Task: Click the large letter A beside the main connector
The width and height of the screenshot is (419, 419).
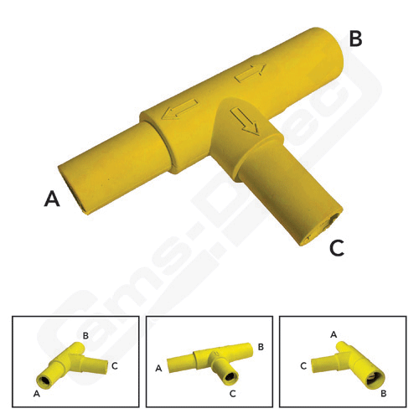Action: [52, 199]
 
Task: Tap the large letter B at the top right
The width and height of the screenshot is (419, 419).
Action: [355, 39]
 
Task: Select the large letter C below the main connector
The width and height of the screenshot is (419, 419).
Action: [335, 248]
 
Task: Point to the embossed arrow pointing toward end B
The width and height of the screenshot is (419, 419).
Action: [250, 73]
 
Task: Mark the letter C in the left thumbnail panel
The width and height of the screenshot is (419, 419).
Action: [115, 366]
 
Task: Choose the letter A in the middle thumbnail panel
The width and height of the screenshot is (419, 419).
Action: [159, 367]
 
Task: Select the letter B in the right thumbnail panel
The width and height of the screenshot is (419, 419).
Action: [382, 392]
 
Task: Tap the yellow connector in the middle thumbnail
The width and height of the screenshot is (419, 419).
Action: [209, 363]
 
